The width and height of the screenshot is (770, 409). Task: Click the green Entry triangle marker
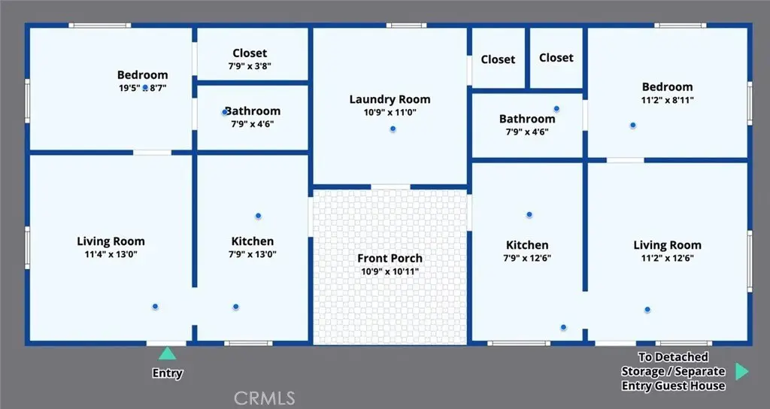pos(167,353)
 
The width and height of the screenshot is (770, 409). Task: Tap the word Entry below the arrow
pos(168,373)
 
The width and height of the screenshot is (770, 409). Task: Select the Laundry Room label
pos(390,99)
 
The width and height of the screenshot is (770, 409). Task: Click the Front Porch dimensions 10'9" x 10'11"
pos(390,271)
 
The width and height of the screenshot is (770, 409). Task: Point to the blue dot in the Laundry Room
pos(393,129)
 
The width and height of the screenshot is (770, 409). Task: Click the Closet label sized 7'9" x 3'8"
pos(250,53)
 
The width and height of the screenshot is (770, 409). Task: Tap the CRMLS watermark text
pos(265,397)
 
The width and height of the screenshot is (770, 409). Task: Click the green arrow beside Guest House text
pos(742,371)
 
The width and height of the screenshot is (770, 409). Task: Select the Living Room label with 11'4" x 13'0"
pos(111,241)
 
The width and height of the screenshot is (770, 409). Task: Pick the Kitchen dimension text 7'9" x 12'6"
pos(527,259)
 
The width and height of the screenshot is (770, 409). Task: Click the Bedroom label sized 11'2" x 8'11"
pos(668,87)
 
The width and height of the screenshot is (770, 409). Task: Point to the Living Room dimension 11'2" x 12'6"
pos(668,259)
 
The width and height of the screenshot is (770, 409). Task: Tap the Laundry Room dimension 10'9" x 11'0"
pos(390,113)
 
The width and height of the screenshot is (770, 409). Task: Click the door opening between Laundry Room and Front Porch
pos(390,186)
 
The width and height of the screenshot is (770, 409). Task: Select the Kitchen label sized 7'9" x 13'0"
pos(253,241)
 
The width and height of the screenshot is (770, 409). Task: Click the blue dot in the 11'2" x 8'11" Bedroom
pos(633,126)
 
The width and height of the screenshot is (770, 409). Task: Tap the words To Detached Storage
pos(673,364)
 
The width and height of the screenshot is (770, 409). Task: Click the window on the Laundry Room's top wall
pos(406,25)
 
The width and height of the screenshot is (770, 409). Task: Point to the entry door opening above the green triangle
pos(166,343)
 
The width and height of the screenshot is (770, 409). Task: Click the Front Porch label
pos(390,259)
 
